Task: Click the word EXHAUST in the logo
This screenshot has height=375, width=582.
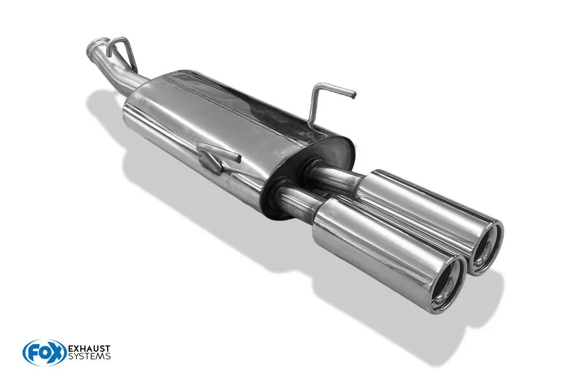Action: [90, 349]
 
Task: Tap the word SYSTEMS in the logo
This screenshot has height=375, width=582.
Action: [90, 356]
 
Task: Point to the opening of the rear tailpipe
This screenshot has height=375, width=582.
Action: [486, 247]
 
